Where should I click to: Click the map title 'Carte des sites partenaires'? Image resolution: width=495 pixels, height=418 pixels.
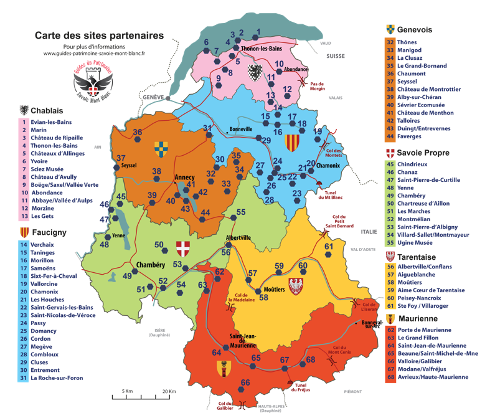pos(100,36)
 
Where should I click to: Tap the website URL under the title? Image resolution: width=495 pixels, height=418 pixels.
pos(94,54)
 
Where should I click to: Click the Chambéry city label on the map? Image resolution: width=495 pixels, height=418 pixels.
pos(150,264)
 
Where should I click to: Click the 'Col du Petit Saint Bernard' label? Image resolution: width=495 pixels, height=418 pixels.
pos(338,222)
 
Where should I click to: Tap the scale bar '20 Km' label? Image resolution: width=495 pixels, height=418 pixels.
pos(169,391)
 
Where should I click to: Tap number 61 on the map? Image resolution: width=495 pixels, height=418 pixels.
pos(329,247)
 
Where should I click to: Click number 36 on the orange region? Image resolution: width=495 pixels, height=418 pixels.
pos(137,132)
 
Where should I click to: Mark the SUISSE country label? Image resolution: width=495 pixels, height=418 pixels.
pos(334,56)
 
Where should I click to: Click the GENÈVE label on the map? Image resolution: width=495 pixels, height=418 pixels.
pos(153,98)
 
